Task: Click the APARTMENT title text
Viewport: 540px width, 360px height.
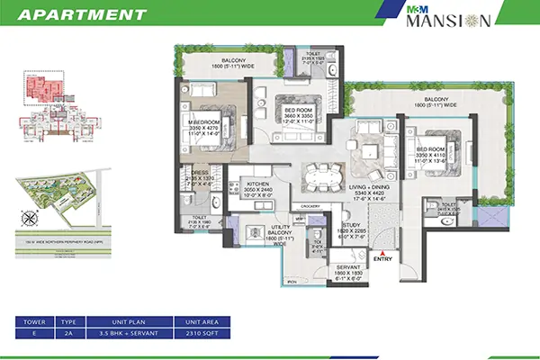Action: (81, 15)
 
